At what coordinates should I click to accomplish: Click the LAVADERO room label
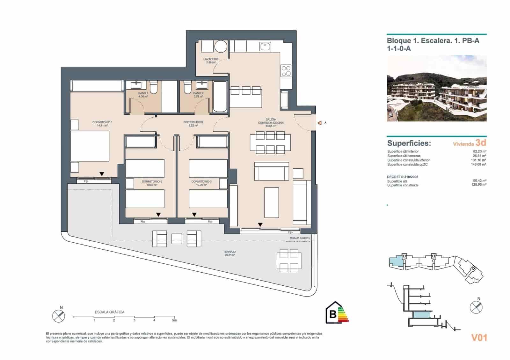(x=210, y=59)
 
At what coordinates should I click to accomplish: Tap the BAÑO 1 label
(x=143, y=93)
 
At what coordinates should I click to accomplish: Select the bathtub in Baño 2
(x=220, y=97)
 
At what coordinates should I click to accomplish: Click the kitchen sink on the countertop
(x=265, y=47)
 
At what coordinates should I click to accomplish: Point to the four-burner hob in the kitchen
(x=286, y=71)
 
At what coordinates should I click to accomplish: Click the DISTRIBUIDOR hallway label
(x=193, y=122)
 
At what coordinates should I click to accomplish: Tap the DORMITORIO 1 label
(x=102, y=122)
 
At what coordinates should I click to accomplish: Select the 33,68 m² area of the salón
(x=271, y=126)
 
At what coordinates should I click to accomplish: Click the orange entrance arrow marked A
(x=319, y=123)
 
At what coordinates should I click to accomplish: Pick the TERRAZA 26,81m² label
(x=229, y=253)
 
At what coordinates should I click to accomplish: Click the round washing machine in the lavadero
(x=220, y=47)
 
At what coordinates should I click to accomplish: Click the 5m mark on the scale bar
(x=174, y=320)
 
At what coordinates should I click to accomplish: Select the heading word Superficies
(x=409, y=143)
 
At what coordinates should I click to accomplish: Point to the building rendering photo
(x=436, y=88)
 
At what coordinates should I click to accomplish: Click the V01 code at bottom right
(x=479, y=338)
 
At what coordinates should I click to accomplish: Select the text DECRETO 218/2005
(x=403, y=177)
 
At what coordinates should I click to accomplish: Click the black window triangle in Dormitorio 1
(x=102, y=174)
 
